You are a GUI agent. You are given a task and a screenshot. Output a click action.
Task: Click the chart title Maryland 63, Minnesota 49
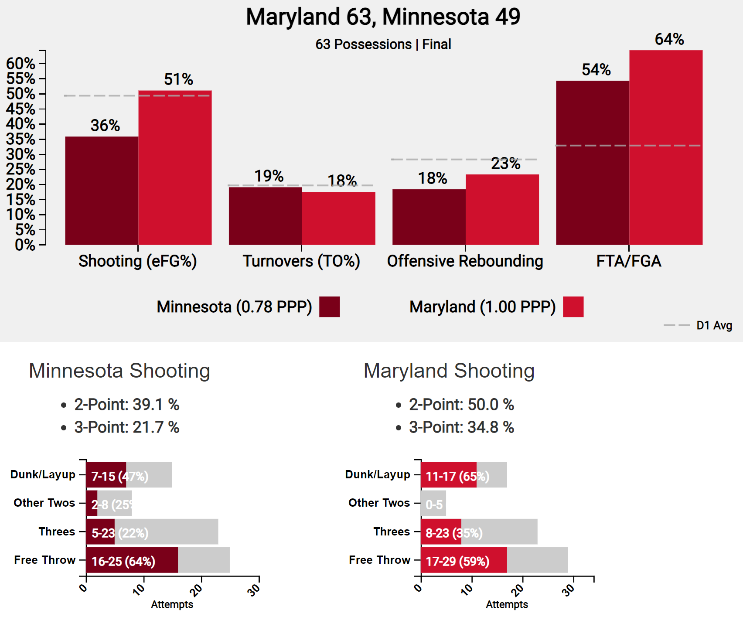[x=383, y=17]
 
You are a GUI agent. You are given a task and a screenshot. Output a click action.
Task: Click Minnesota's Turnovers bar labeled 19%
[x=265, y=216]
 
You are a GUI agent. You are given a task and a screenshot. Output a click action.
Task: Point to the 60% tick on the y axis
[x=20, y=64]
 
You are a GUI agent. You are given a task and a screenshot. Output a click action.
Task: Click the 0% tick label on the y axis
[x=25, y=245]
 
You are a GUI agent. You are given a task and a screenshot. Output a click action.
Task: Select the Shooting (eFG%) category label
[x=138, y=261]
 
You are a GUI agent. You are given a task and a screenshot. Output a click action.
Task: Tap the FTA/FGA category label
[x=628, y=261]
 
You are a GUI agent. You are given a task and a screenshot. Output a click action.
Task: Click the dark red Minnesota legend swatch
[x=329, y=307]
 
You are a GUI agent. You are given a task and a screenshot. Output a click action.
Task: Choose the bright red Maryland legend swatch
[x=573, y=307]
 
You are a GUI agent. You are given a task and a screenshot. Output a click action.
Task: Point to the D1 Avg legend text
[x=714, y=325]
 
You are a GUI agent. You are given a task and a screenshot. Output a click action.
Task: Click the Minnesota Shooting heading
[x=119, y=371]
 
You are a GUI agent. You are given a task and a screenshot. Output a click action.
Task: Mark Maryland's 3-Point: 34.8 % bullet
[x=461, y=427]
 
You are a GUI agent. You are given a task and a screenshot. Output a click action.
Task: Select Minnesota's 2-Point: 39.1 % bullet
[x=126, y=405]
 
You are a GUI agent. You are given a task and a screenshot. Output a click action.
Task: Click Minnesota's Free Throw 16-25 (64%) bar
[x=132, y=560]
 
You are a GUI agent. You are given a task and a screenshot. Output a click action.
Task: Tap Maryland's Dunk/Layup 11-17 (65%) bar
[x=449, y=474]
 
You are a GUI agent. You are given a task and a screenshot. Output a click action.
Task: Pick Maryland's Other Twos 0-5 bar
[x=433, y=503]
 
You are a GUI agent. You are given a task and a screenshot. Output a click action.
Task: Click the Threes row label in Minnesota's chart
[x=57, y=532]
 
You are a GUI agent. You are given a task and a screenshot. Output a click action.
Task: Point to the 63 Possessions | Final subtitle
[x=383, y=44]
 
